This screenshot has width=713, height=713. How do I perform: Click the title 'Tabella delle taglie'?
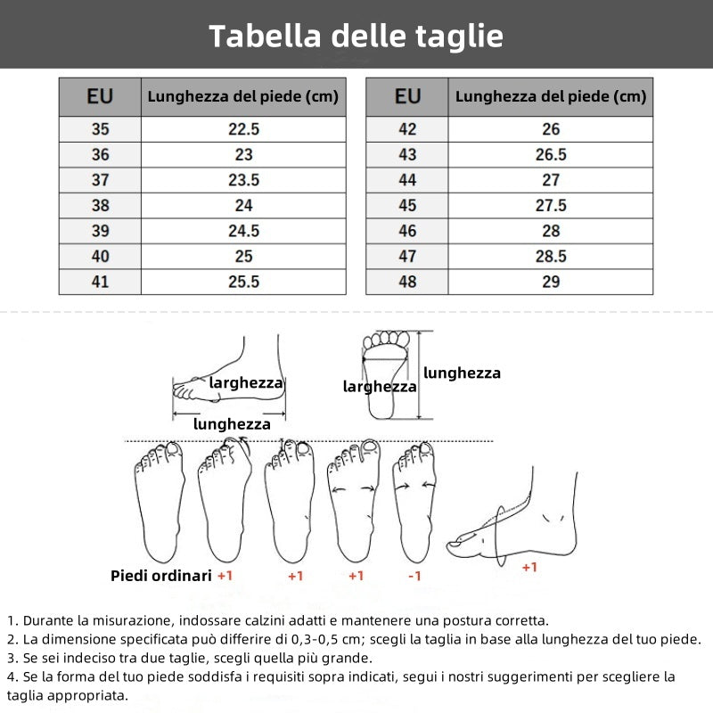pyautogui.click(x=356, y=36)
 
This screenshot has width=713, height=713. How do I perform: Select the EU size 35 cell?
pyautogui.click(x=100, y=129)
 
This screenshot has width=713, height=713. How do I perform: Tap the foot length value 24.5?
pyautogui.click(x=243, y=231)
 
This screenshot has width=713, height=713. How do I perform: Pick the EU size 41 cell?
pyautogui.click(x=100, y=282)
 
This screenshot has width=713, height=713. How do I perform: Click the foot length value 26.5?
pyautogui.click(x=551, y=154)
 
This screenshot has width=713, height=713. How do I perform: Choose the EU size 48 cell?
pyautogui.click(x=407, y=282)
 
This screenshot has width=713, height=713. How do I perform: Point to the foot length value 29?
pyautogui.click(x=551, y=282)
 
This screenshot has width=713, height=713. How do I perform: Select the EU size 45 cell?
pyautogui.click(x=407, y=205)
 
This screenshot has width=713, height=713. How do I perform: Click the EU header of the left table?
pyautogui.click(x=100, y=96)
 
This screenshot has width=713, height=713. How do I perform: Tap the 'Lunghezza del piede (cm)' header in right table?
pyautogui.click(x=551, y=96)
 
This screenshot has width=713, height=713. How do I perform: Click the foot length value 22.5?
pyautogui.click(x=243, y=129)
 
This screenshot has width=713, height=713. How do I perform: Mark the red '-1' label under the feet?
pyautogui.click(x=414, y=577)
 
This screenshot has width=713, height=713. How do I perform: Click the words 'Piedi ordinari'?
pyautogui.click(x=160, y=576)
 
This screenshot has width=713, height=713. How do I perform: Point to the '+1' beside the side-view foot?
pyautogui.click(x=529, y=568)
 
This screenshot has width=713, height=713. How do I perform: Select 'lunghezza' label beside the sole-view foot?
pyautogui.click(x=462, y=373)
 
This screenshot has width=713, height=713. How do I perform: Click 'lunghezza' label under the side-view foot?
pyautogui.click(x=232, y=424)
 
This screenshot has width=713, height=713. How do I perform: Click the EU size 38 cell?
pyautogui.click(x=100, y=205)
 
